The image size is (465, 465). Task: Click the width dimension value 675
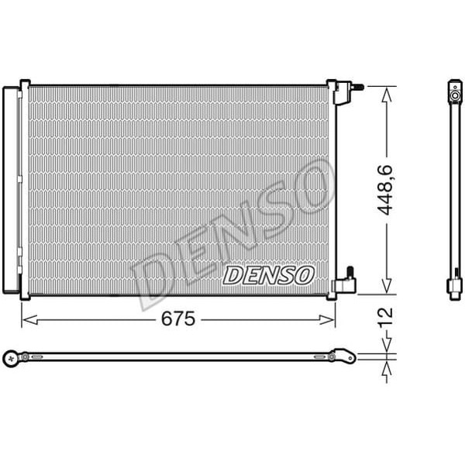click(x=177, y=319)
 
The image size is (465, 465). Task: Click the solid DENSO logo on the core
click(x=267, y=274)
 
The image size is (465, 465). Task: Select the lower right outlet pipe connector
click(x=344, y=283)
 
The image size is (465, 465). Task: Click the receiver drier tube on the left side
click(x=11, y=190)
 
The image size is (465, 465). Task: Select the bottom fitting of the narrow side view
click(x=455, y=288)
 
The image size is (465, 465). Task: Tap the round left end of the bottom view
click(x=11, y=357)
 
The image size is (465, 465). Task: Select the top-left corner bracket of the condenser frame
click(x=25, y=84)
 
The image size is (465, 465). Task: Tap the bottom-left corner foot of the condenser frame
click(x=25, y=296)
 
